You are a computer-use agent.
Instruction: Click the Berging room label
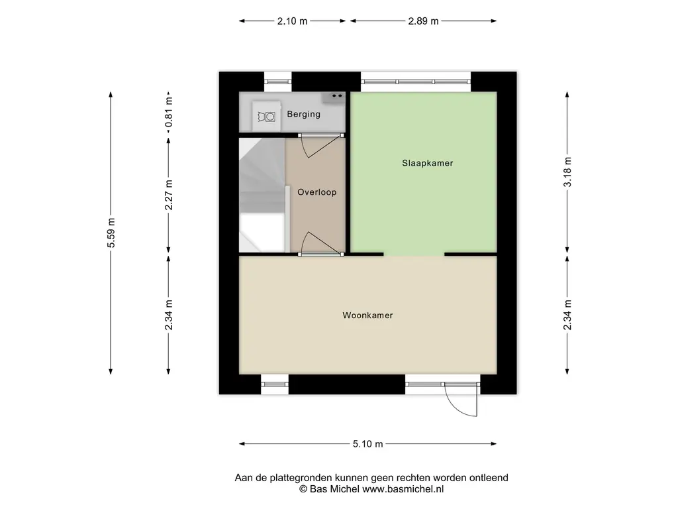(x=303, y=114)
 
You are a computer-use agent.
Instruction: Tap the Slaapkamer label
(x=427, y=163)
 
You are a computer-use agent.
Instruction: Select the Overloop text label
(x=317, y=192)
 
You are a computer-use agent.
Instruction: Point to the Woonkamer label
(x=367, y=315)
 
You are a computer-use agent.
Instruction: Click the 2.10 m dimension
(x=292, y=21)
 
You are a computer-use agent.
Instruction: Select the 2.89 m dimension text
(x=423, y=21)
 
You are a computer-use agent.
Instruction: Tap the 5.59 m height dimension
(x=111, y=233)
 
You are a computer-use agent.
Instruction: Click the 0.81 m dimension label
(x=169, y=111)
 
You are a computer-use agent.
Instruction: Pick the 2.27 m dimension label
(x=169, y=195)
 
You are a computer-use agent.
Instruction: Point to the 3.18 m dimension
(x=567, y=172)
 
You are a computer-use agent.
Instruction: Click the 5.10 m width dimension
(x=367, y=443)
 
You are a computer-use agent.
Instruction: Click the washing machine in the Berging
(x=266, y=116)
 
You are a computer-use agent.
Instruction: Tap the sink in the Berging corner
(x=333, y=98)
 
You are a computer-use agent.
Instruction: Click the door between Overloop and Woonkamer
(x=320, y=244)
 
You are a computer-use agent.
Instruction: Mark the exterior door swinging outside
(x=461, y=399)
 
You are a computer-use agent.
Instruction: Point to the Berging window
(x=277, y=82)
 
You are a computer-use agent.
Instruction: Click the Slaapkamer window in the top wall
(x=416, y=82)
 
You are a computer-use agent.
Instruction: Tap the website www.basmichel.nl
(x=403, y=489)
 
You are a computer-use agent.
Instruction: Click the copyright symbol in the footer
(x=303, y=489)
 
